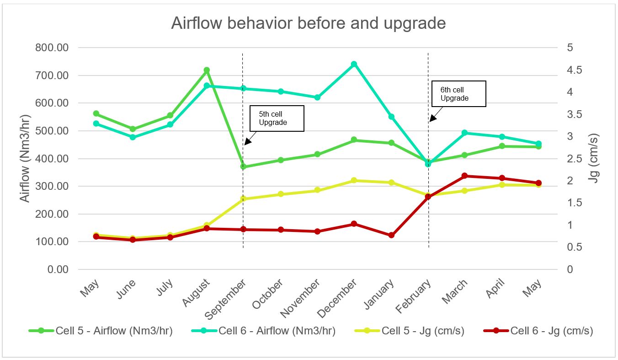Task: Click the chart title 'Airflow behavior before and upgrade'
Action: [309, 23]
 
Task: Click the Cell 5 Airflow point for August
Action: [207, 70]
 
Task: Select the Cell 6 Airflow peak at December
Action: [354, 64]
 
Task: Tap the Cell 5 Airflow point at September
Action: [243, 167]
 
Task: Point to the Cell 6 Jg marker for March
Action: [464, 176]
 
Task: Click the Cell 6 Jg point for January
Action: [391, 235]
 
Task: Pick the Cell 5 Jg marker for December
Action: [354, 181]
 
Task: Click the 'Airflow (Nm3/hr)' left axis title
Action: [26, 159]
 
